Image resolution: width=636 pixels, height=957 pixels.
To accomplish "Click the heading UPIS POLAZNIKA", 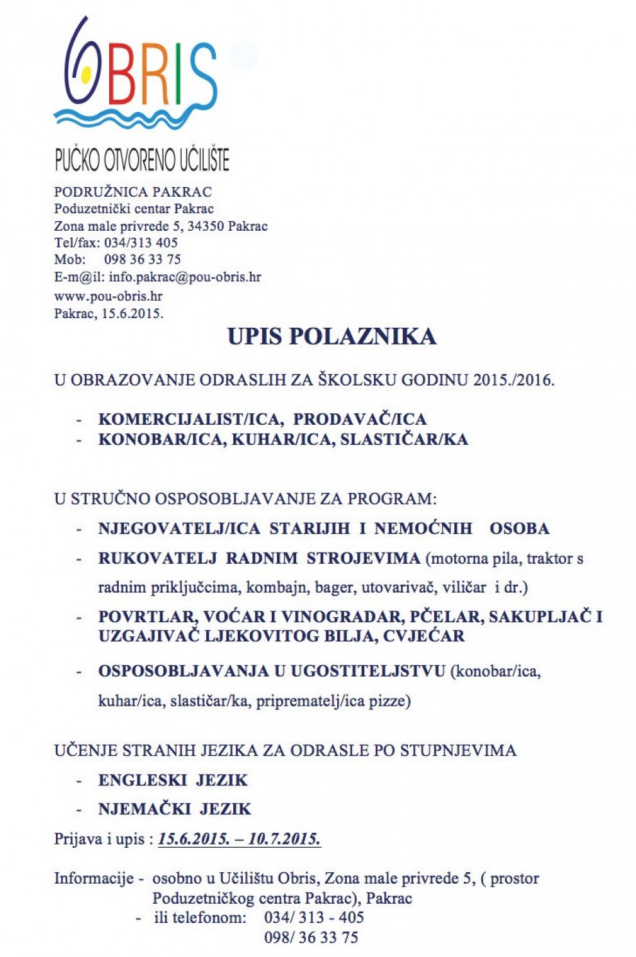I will pyautogui.click(x=331, y=337).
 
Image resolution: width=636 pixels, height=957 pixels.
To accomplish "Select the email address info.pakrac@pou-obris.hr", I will pyautogui.click(x=184, y=277).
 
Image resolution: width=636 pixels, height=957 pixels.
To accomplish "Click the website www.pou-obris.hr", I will pyautogui.click(x=108, y=296).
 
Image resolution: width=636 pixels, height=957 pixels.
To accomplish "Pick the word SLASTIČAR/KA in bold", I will pyautogui.click(x=404, y=440).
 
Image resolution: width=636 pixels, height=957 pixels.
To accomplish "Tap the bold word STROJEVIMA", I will pyautogui.click(x=363, y=558).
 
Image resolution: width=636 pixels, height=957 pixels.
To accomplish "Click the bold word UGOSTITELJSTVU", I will pyautogui.click(x=368, y=671).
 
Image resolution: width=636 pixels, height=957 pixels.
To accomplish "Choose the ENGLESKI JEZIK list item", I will pyautogui.click(x=173, y=780).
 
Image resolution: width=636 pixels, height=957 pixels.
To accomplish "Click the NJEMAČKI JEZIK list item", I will pyautogui.click(x=175, y=809).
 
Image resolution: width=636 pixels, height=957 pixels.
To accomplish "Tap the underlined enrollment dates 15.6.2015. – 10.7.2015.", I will pyautogui.click(x=239, y=839).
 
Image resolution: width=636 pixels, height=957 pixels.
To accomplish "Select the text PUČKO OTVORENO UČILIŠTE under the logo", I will pyautogui.click(x=142, y=160).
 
